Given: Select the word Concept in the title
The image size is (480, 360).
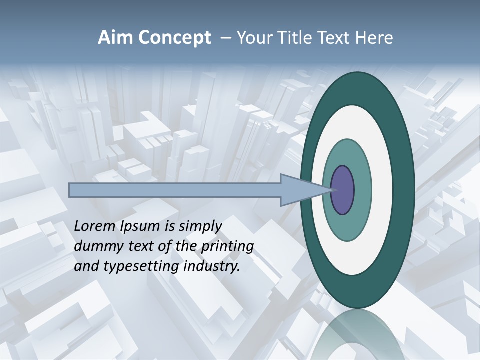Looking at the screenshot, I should pos(175,38).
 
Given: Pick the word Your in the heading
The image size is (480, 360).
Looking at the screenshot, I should pos(253,38).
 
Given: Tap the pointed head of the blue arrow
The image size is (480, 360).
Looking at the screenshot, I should pos(305,190).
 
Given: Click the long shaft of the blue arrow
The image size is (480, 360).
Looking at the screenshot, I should pos(175,190).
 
